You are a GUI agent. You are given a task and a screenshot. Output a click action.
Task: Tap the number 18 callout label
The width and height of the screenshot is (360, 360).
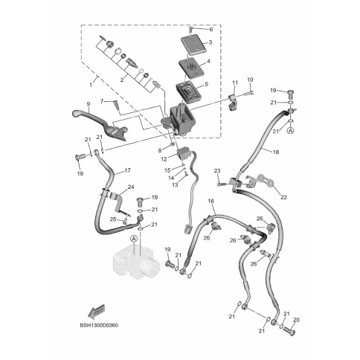tap(276, 152)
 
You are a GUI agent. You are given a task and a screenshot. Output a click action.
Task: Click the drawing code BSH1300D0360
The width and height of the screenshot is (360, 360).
tap(99, 325)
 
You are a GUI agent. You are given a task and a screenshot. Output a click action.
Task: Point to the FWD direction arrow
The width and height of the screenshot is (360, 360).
tap(97, 310)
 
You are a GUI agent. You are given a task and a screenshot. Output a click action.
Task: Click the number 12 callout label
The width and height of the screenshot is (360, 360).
tap(164, 159)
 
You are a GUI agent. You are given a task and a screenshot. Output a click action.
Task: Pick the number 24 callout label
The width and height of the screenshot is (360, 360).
tap(131, 187)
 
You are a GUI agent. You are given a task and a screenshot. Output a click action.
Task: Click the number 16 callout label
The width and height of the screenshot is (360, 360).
tap(210, 201)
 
